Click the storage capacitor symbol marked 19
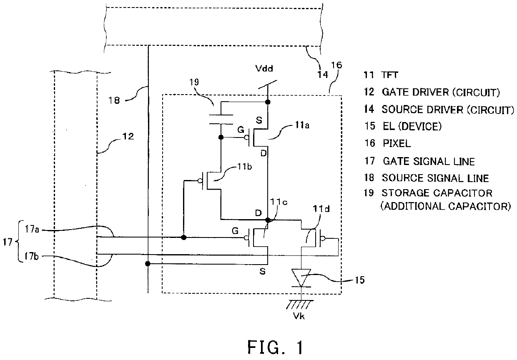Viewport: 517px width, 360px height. coord(221,117)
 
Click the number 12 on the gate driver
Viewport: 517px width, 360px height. coord(128,136)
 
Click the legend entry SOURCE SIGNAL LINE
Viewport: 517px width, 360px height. coord(435,178)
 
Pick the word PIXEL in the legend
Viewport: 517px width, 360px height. coord(396,144)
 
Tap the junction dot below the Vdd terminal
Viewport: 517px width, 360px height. coord(267,102)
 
